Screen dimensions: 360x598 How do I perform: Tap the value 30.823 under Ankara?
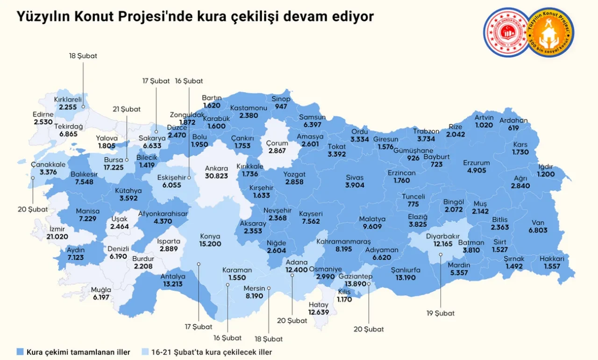(x=217, y=176)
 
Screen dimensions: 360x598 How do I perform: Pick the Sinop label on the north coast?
(x=281, y=99)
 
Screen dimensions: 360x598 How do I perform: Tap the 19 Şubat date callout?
(x=440, y=313)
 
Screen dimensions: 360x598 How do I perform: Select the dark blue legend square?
(x=20, y=351)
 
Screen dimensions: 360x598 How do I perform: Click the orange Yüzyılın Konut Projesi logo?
(x=549, y=32)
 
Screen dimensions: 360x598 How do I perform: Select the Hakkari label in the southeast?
(x=552, y=259)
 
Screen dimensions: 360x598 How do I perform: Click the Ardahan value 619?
(x=513, y=128)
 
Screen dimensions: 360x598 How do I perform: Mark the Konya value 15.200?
(x=210, y=244)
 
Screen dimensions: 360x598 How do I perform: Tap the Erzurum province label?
(x=477, y=163)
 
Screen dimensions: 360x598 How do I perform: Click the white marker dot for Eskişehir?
(x=189, y=178)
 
